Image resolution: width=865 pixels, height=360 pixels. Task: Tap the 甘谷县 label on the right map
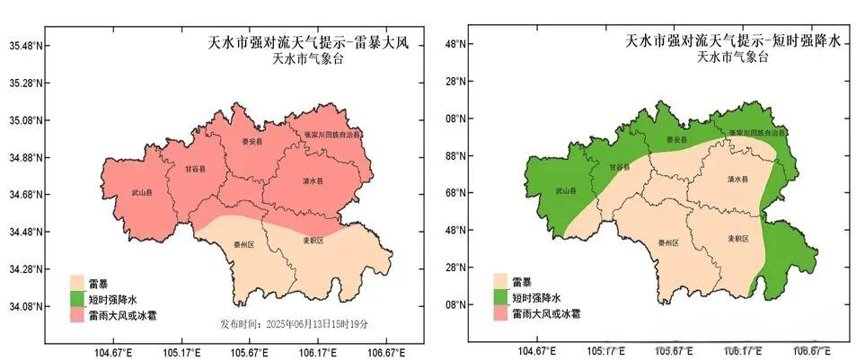[619, 168]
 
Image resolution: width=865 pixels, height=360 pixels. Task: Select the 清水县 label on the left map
[313, 181]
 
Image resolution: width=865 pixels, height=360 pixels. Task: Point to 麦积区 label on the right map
[738, 239]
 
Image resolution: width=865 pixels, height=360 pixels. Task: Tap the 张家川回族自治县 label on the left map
[331, 134]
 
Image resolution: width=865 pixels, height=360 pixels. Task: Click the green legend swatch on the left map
[78, 299]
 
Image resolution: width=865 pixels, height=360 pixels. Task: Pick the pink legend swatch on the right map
[501, 314]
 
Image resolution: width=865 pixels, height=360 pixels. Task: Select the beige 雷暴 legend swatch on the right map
[501, 281]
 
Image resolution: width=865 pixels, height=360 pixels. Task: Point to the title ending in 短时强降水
[732, 41]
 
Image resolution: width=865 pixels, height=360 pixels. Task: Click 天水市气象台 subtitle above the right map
[732, 58]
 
